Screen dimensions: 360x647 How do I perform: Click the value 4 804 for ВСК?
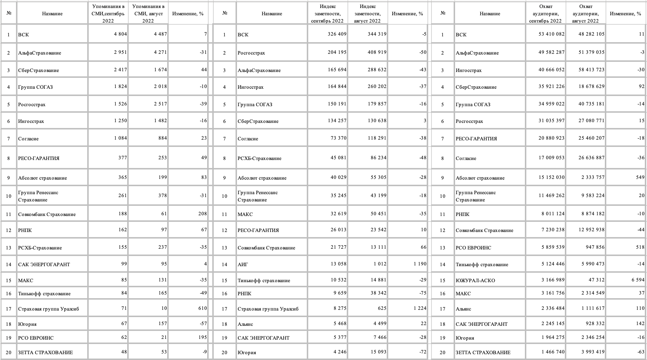click(120, 34)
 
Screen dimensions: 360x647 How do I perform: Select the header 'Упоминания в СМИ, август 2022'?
click(148, 14)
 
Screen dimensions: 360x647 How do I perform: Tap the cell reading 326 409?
click(337, 34)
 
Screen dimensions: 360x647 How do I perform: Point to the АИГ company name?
click(243, 264)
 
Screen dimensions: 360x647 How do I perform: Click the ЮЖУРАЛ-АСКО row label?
click(475, 280)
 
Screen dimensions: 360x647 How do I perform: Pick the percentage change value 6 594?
click(636, 280)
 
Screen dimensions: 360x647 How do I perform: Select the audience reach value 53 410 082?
click(551, 34)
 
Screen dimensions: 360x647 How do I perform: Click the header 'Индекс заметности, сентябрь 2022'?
click(327, 14)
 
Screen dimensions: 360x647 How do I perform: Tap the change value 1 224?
click(419, 308)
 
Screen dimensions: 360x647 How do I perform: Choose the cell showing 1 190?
click(419, 264)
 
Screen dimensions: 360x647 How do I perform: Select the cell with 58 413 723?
click(591, 70)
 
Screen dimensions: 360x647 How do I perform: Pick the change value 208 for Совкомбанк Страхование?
click(202, 214)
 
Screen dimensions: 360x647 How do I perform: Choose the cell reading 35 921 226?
click(551, 87)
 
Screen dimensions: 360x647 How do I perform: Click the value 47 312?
click(596, 280)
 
